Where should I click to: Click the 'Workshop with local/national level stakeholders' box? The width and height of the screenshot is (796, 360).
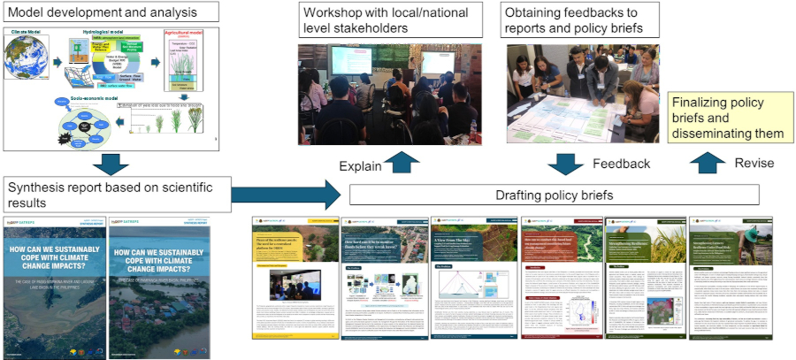tap(390, 21)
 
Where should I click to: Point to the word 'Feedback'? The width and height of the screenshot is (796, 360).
tap(621, 164)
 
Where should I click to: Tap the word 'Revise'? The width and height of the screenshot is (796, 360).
tap(755, 163)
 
